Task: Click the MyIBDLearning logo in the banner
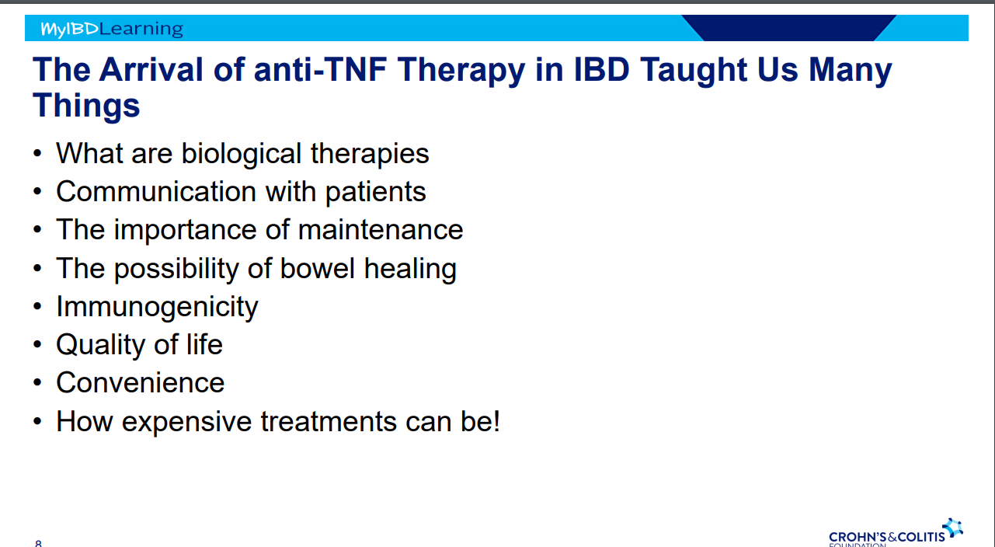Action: [x=112, y=29]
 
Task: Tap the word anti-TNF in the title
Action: [x=320, y=70]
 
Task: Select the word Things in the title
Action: [x=86, y=106]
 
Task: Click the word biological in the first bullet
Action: [x=242, y=154]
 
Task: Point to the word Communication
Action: [x=156, y=191]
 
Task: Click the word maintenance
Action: [x=381, y=230]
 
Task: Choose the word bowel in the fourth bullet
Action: [x=317, y=268]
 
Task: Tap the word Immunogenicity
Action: [x=157, y=307]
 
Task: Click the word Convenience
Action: [x=141, y=382]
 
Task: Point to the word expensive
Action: [x=186, y=422]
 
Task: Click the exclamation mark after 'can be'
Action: [x=496, y=421]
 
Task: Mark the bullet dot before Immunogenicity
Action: [x=37, y=306]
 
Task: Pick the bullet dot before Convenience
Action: [x=37, y=382]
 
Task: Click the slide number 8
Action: [x=38, y=543]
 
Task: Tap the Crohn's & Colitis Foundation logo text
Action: [x=886, y=538]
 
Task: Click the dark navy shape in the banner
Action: [x=789, y=27]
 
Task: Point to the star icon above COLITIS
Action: [x=953, y=527]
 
